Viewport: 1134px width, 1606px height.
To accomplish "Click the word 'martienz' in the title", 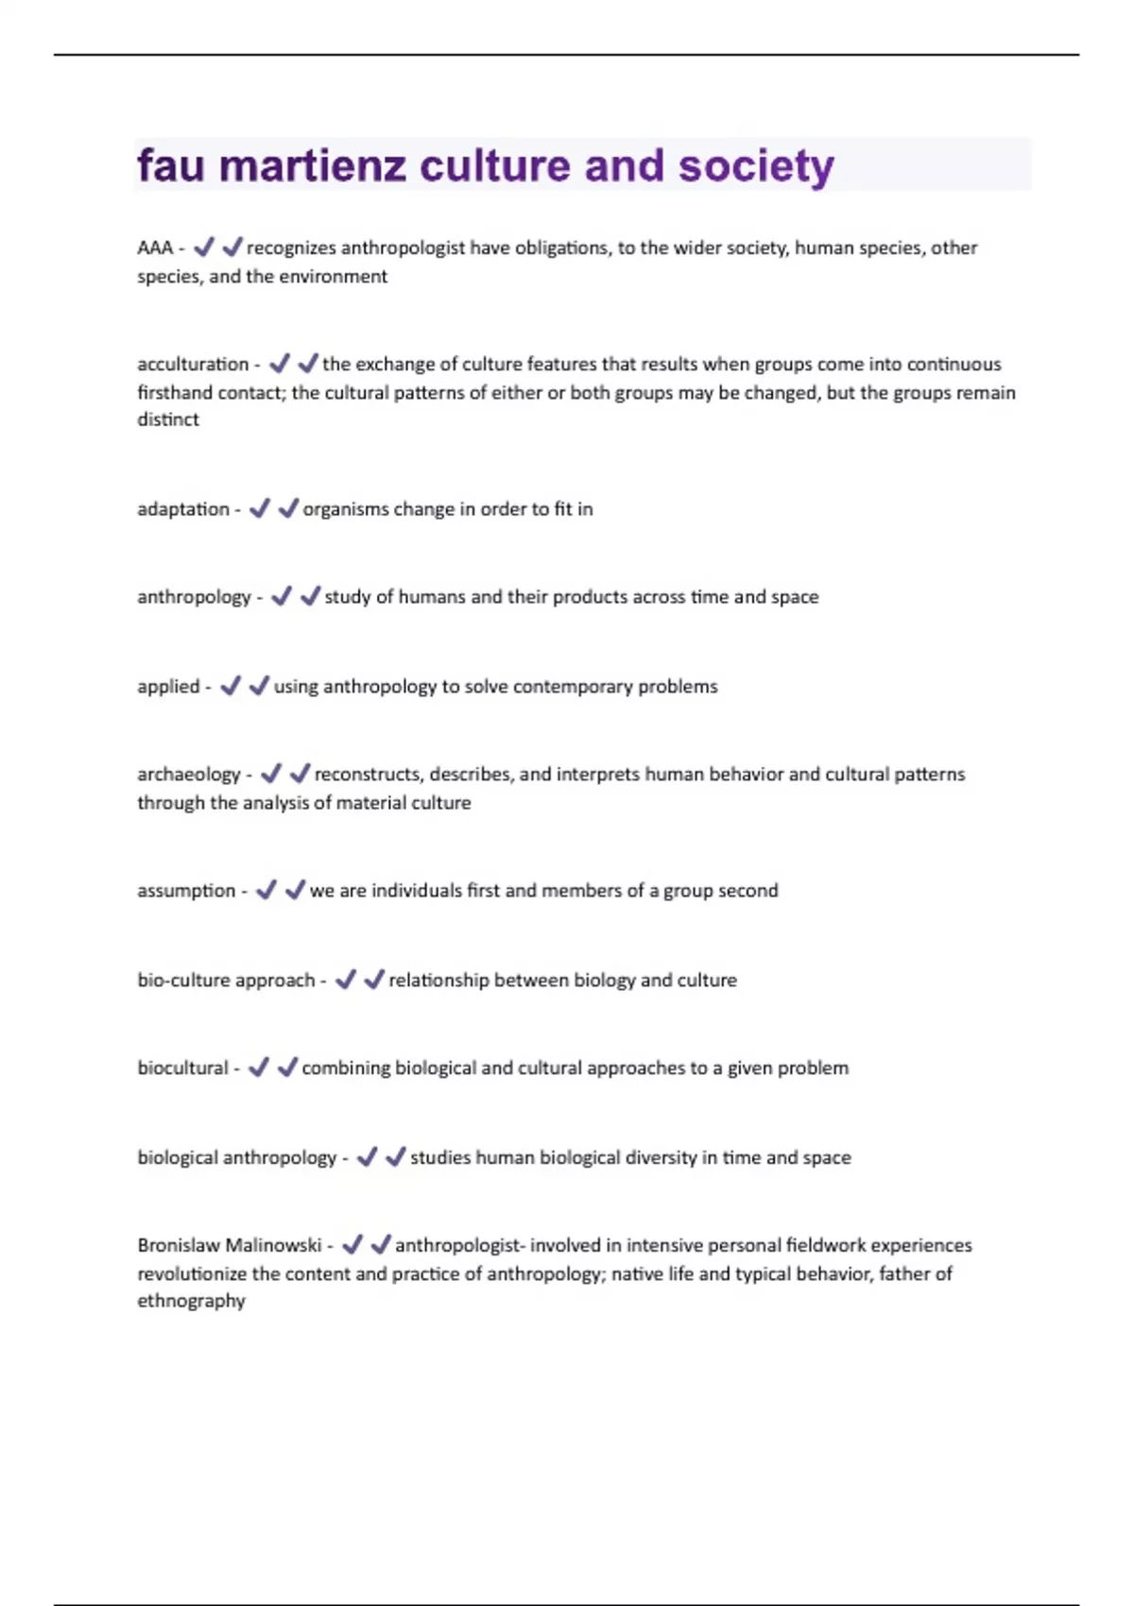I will coord(312,166).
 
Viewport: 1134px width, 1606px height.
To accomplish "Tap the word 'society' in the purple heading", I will coord(756,166).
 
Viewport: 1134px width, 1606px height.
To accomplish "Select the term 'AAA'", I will coord(155,248).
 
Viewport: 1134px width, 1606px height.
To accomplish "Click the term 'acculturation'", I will coord(193,364).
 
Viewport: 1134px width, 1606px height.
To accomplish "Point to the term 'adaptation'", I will coord(183,509).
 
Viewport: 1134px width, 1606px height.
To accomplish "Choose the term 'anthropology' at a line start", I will coord(194,597).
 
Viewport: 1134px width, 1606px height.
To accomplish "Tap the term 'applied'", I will coord(168,687).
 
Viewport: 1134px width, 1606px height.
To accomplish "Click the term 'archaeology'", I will coord(189,775).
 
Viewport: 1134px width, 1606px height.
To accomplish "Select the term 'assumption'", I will coord(186,890).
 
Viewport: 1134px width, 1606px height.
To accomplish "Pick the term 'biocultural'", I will coord(182,1068).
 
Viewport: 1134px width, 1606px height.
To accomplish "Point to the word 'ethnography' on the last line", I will coord(191,1301).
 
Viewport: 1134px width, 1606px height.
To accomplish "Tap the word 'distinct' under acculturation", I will coord(168,419).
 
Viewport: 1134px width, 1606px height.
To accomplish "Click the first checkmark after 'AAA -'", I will coord(203,248).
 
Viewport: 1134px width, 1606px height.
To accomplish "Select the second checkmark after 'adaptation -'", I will coord(288,508).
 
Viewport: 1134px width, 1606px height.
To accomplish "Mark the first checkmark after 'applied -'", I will coord(231,686).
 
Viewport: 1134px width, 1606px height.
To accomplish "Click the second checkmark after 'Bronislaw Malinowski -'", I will coord(381,1244).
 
